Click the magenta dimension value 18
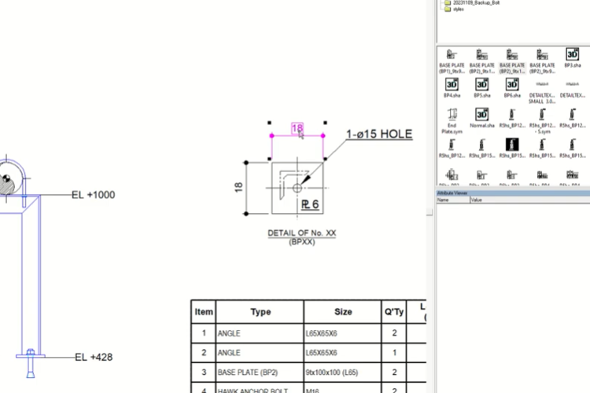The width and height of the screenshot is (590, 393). coord(297,128)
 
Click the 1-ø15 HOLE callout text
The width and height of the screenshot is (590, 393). coord(379,134)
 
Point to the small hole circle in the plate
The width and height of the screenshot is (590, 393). coord(297,188)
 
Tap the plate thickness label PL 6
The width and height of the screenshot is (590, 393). coord(309,205)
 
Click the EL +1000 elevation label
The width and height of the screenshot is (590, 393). coord(94,194)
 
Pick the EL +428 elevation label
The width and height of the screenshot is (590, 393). coord(94,357)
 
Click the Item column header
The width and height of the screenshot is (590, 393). coord(204,312)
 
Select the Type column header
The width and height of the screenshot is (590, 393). coord(260,312)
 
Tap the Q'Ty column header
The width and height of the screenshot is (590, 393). coord(393,312)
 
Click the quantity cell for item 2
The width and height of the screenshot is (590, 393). coord(393,353)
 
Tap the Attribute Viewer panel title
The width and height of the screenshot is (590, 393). coord(452,193)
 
